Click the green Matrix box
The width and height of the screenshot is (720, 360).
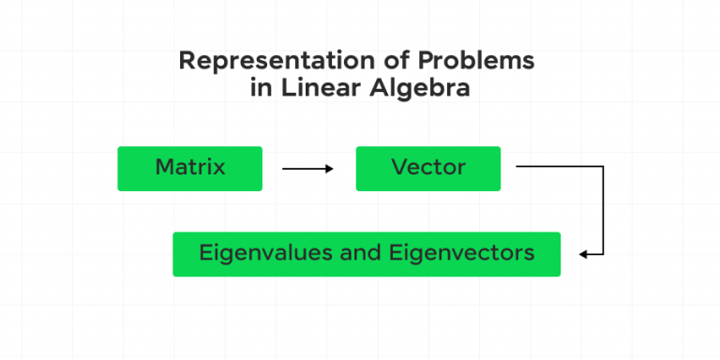[x=189, y=169]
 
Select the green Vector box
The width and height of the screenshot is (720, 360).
[x=427, y=169]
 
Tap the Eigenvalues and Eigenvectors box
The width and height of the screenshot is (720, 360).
[x=367, y=254]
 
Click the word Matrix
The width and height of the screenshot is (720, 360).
[x=189, y=168]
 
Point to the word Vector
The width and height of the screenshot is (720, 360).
[x=427, y=168]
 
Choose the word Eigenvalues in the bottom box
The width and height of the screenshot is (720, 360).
[x=257, y=253]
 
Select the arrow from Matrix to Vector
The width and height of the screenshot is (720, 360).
[x=307, y=169]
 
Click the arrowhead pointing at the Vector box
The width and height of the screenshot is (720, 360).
[x=329, y=169]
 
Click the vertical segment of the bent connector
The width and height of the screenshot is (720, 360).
[x=603, y=211]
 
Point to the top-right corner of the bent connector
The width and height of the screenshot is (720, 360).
[x=603, y=167]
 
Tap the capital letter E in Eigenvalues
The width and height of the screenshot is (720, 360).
[x=204, y=253]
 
